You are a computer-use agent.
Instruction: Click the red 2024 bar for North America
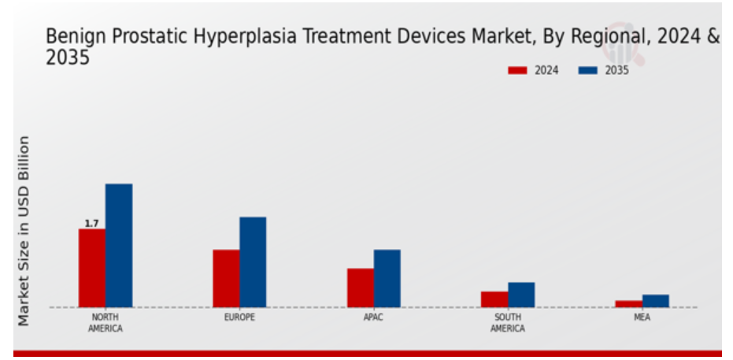click(x=92, y=268)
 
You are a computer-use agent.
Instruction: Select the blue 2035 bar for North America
click(x=119, y=246)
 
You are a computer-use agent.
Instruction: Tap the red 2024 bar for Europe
click(x=226, y=279)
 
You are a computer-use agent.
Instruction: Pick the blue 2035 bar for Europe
click(x=253, y=262)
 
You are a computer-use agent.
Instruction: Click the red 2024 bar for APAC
click(x=361, y=288)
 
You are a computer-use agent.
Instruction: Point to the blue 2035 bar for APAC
click(x=387, y=279)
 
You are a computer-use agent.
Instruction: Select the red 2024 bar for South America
click(x=494, y=299)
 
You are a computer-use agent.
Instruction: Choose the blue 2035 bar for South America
click(x=521, y=295)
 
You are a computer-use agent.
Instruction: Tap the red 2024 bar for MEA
click(x=629, y=304)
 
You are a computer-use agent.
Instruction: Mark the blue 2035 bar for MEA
click(x=655, y=301)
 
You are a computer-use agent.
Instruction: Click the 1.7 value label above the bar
click(x=91, y=224)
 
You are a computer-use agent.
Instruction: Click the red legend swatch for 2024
click(x=517, y=71)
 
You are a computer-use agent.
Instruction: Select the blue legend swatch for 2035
click(x=588, y=71)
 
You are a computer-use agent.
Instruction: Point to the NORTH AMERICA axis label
click(x=106, y=323)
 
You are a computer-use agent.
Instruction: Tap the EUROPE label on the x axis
click(x=239, y=317)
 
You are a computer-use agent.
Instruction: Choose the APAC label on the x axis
click(x=373, y=317)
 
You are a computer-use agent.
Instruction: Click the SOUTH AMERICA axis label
click(x=508, y=323)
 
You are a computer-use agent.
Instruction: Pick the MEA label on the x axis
click(x=642, y=317)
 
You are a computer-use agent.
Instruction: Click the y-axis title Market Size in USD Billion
click(x=24, y=231)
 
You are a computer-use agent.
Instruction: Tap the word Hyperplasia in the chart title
click(x=245, y=36)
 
